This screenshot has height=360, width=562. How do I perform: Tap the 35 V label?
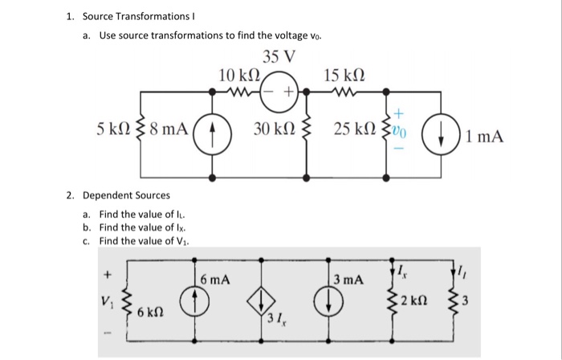pos(279,57)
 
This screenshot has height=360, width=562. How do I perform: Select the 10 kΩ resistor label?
pos(238,75)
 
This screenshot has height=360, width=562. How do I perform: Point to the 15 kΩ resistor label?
pos(344,75)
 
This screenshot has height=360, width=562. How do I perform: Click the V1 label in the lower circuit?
pos(104,304)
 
